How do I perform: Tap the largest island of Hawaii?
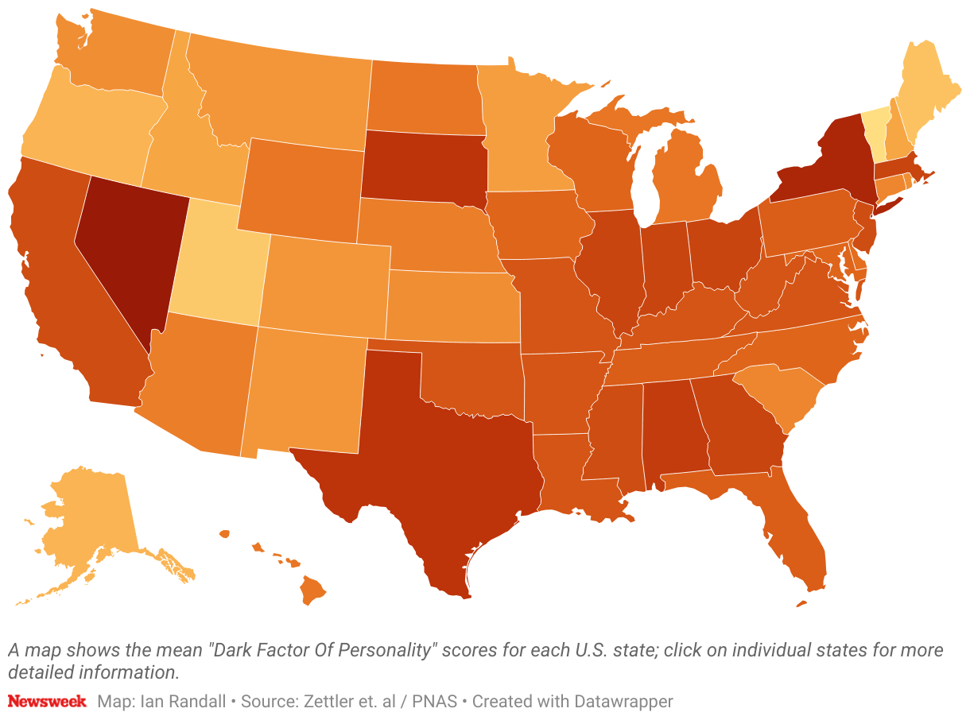[313, 590]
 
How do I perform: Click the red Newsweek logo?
[47, 702]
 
